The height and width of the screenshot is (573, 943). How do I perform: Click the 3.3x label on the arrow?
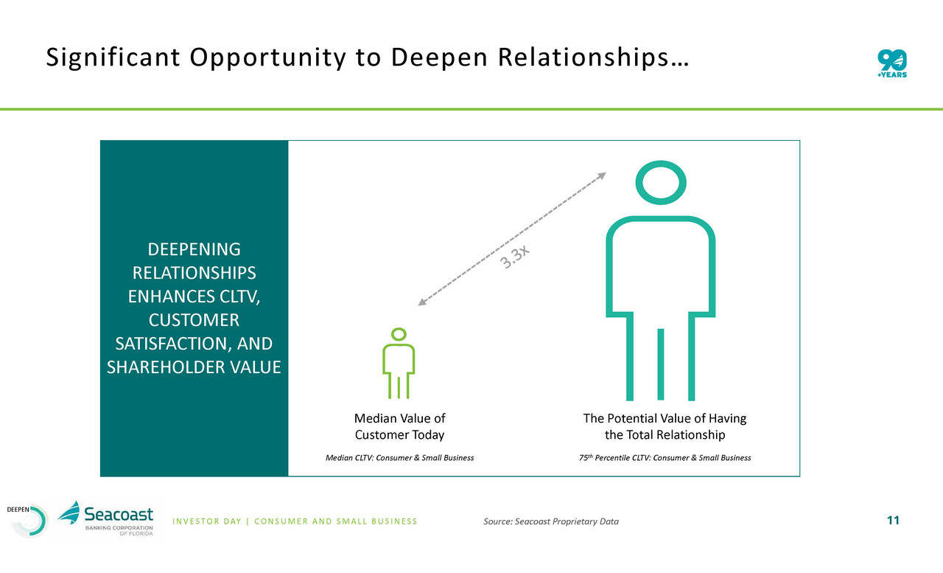click(514, 257)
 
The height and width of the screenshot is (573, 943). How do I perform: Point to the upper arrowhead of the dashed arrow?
click(602, 176)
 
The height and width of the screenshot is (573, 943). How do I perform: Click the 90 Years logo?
click(892, 63)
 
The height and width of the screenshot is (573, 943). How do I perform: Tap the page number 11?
click(893, 521)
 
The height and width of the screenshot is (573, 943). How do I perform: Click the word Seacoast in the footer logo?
click(119, 515)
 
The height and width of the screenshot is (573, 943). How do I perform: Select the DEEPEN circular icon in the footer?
click(29, 521)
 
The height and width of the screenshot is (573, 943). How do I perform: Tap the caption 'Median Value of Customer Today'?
click(399, 426)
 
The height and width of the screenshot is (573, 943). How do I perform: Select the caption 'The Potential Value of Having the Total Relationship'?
click(665, 426)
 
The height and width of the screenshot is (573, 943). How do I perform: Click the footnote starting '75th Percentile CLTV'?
click(665, 457)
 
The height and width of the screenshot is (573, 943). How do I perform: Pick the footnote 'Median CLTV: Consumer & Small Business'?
click(399, 457)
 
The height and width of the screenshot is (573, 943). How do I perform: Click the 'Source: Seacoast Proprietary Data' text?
click(551, 521)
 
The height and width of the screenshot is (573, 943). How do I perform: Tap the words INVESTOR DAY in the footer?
click(207, 521)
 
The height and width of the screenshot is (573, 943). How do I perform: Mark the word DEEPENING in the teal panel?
click(194, 249)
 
